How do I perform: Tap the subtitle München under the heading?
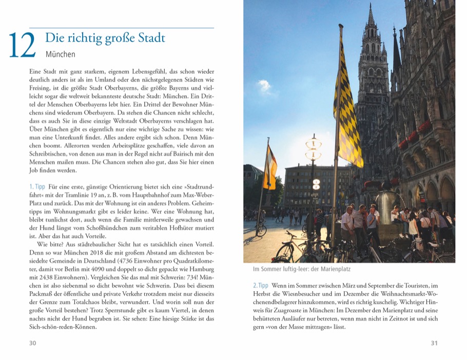60,54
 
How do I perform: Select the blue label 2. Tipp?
261,285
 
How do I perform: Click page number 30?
32,343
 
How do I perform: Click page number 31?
434,343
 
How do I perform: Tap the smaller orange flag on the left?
270,167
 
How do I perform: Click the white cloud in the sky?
265,86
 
